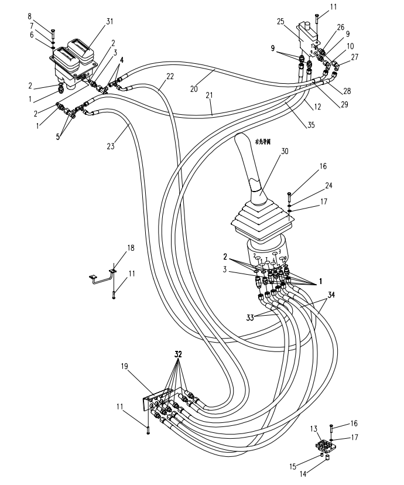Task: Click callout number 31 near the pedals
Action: [109, 22]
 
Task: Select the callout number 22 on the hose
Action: [170, 77]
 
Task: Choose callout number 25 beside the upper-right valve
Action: [280, 22]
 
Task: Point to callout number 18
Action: [131, 248]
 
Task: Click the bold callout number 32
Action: [178, 355]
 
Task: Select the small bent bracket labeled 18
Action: [102, 276]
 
